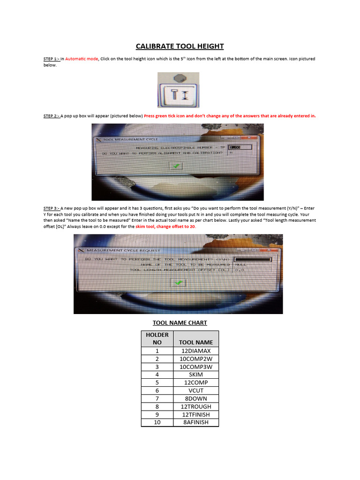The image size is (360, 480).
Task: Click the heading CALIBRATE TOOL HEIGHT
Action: click(180, 46)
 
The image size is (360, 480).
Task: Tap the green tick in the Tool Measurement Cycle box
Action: click(176, 166)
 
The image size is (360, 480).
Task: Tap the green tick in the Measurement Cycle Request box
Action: click(179, 283)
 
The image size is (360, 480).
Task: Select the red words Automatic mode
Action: click(82, 59)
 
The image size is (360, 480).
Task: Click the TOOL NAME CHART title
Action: click(180, 322)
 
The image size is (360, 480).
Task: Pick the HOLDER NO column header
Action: click(157, 338)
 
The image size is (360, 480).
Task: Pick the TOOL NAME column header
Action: click(196, 342)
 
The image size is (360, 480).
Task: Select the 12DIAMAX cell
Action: click(196, 351)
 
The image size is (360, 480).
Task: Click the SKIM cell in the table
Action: click(196, 375)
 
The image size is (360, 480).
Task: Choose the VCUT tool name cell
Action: click(196, 390)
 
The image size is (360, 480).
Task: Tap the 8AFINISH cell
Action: click(196, 422)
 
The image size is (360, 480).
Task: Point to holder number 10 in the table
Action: click(157, 422)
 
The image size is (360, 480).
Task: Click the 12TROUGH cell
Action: click(196, 406)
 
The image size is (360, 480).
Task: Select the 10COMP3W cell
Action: click(196, 367)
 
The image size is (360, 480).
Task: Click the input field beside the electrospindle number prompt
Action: click(240, 147)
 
